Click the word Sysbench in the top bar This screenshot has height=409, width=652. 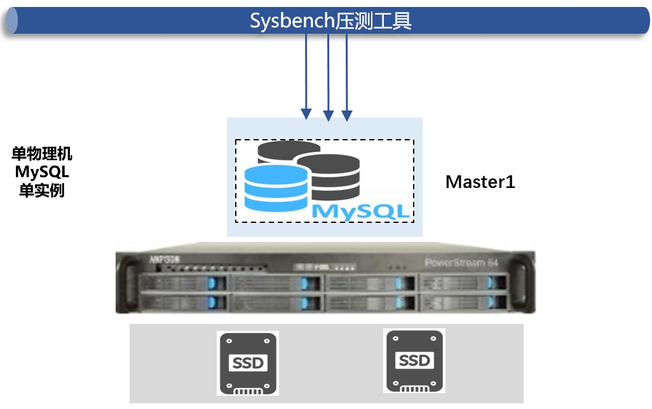(292, 21)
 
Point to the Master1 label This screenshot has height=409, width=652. (480, 182)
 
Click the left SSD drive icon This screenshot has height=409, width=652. (247, 363)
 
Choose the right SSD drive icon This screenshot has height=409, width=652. (414, 361)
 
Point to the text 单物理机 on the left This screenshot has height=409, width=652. (43, 154)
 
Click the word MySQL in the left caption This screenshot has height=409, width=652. (43, 172)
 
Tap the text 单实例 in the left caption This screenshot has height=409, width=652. (43, 190)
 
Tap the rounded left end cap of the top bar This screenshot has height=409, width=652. (10, 21)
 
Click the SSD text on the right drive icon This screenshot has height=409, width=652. (414, 361)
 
